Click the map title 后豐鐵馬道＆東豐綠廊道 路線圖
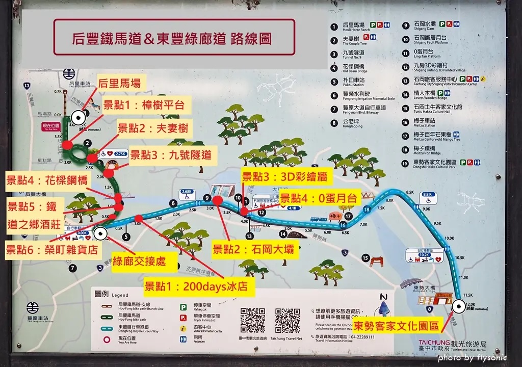174,38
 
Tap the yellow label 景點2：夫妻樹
152,128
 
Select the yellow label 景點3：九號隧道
170,154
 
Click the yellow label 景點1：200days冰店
199,286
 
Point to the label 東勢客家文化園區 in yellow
397,325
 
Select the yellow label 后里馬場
119,83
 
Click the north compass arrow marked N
383,306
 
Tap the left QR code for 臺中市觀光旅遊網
253,320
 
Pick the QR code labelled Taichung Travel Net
287,320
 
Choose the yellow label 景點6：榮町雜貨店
52,250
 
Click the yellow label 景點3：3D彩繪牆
287,177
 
